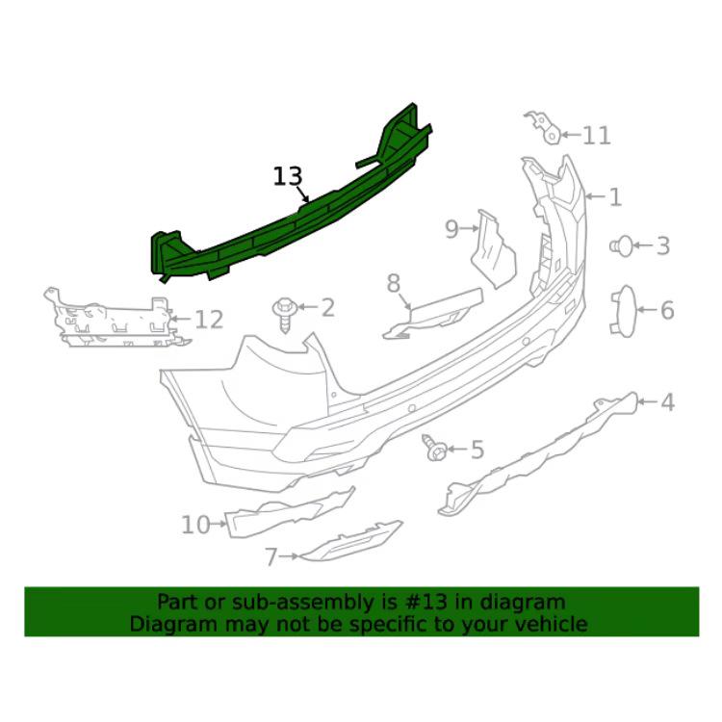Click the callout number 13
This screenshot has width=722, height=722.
(287, 176)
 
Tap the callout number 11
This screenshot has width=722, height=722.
(597, 135)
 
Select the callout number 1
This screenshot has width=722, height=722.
(615, 198)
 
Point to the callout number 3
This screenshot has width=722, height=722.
(662, 246)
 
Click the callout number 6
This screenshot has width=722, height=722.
(666, 310)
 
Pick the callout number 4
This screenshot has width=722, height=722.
(667, 402)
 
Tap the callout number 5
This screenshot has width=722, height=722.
(477, 450)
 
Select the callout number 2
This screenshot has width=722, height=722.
(327, 308)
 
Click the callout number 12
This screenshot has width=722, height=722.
(209, 320)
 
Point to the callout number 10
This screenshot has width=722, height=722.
(195, 525)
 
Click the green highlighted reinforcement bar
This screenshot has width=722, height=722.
(289, 217)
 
